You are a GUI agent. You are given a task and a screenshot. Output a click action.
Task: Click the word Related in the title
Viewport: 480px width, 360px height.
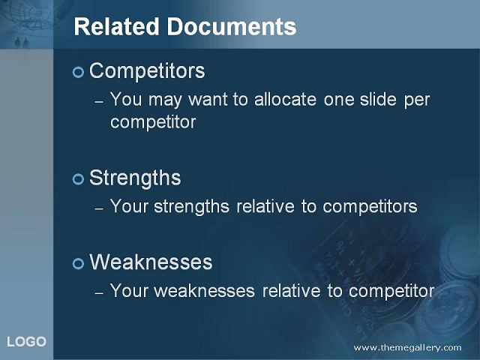coord(116,27)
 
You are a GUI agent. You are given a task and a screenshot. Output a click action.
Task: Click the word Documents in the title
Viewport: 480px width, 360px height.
coord(232,27)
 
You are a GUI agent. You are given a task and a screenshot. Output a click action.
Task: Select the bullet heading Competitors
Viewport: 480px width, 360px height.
coord(147,71)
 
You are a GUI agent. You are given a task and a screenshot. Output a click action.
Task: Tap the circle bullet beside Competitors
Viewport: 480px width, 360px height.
coord(78,72)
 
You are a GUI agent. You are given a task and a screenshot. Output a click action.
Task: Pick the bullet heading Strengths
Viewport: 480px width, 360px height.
coord(135,178)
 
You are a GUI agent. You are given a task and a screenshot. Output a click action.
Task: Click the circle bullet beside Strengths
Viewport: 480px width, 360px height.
coord(78,179)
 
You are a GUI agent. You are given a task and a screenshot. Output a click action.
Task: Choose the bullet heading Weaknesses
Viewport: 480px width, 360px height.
coord(151,262)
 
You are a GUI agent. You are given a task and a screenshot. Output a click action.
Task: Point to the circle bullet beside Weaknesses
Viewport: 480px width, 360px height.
coord(78,263)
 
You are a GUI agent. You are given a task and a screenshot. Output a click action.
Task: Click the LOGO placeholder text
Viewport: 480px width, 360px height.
coord(27,342)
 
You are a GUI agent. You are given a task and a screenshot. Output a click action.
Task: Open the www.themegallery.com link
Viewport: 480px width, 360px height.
coord(407,348)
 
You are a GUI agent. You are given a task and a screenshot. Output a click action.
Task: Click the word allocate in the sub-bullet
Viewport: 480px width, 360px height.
coord(285,100)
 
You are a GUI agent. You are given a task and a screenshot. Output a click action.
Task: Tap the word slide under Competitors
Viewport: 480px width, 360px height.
coord(378,100)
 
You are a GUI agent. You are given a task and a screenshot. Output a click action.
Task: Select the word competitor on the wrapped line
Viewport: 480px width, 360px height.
coord(153,122)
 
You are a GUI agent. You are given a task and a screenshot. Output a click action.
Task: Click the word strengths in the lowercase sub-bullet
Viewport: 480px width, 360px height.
coord(192,206)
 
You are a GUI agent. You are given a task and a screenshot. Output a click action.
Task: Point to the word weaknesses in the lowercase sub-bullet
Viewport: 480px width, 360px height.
coord(204,291)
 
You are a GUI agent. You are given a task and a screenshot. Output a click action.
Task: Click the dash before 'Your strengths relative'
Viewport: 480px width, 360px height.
coord(99,209)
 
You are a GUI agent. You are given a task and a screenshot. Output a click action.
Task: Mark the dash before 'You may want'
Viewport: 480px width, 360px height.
coord(99,102)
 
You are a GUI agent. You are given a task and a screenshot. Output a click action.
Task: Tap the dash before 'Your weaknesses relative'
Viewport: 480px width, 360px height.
coord(99,293)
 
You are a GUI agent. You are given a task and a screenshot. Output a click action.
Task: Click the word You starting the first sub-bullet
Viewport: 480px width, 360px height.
coord(126,100)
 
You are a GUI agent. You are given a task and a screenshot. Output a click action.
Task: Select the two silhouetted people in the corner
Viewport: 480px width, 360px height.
coord(22,43)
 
